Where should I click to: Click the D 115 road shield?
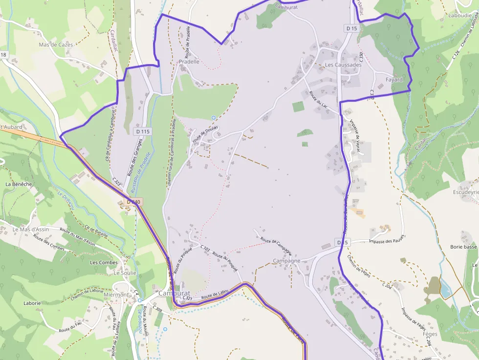point(143,131)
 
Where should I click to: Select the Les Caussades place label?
point(343,64)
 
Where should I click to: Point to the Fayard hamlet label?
point(394,80)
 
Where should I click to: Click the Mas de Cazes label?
point(56,44)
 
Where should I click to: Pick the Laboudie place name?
point(459,16)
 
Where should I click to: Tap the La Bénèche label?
point(19,184)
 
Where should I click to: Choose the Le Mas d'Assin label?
point(31,229)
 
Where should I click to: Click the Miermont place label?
point(116,295)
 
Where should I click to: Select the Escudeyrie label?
point(466,192)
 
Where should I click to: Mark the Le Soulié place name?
point(125,273)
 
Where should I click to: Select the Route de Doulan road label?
point(205,134)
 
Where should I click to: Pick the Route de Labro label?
point(215,295)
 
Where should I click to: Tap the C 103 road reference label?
point(205,249)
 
